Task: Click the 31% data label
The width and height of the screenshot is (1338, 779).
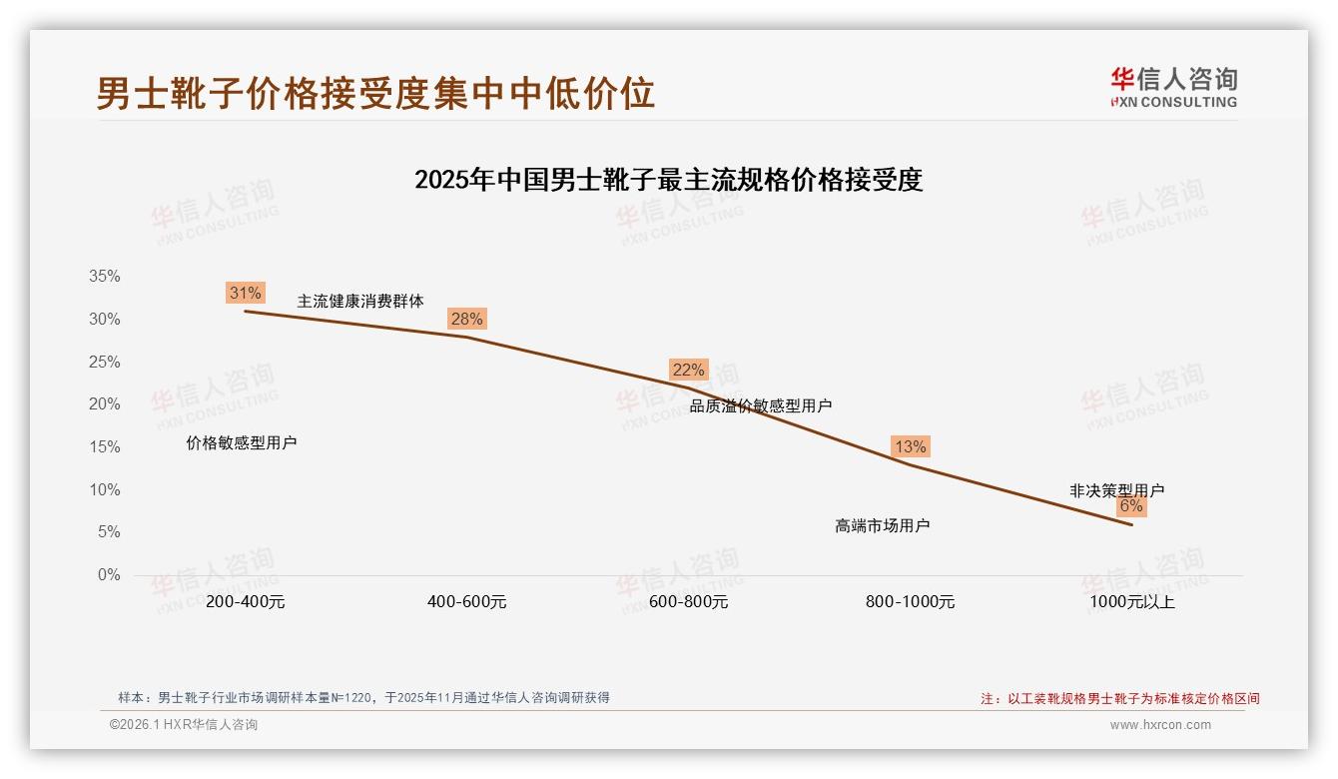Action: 245,293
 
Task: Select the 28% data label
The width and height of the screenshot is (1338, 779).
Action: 466,319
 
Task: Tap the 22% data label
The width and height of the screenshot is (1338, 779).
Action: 688,370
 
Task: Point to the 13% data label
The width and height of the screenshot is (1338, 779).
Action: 910,446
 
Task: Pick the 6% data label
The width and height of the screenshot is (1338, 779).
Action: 1130,505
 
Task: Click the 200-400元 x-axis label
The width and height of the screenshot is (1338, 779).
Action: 245,602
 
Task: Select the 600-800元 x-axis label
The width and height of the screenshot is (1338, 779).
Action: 688,602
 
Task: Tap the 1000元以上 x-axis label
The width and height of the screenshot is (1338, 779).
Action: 1131,602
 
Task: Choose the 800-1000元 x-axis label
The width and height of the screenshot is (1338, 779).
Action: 910,602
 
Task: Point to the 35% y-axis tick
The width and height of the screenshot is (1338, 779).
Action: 104,277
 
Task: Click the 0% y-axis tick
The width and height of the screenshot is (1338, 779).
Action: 108,575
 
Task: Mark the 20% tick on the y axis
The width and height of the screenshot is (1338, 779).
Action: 104,404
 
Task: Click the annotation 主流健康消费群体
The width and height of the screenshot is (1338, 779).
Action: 360,301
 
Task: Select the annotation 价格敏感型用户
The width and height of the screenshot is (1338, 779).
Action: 242,442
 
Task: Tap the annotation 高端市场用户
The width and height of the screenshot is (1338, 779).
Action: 883,525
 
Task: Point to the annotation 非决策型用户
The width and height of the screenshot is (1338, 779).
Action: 1116,490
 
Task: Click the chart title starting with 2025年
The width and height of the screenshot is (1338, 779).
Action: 668,181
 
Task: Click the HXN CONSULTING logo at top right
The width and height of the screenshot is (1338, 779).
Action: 1173,88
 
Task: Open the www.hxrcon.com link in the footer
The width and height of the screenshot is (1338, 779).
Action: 1160,725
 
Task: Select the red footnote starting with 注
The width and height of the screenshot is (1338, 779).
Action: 1119,699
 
